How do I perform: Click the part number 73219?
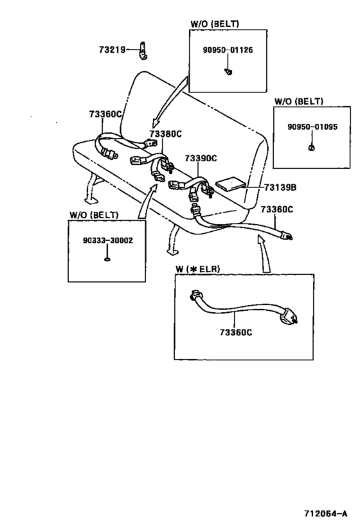click(x=112, y=49)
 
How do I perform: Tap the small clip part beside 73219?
click(x=143, y=51)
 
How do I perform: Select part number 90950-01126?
click(x=228, y=50)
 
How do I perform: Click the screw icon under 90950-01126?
click(x=228, y=71)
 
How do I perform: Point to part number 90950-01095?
click(x=312, y=127)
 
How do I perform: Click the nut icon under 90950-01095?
click(x=312, y=147)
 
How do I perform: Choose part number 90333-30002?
click(x=108, y=240)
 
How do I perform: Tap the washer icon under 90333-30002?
click(x=107, y=259)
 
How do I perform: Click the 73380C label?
click(x=166, y=134)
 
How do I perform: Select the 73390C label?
click(x=201, y=158)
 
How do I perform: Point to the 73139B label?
click(x=280, y=187)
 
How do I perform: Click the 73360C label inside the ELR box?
click(x=236, y=333)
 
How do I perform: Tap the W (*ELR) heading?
click(x=197, y=269)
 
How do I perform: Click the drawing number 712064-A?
click(x=326, y=513)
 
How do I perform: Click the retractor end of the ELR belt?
click(x=288, y=317)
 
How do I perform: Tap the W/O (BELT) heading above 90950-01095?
click(x=298, y=101)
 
